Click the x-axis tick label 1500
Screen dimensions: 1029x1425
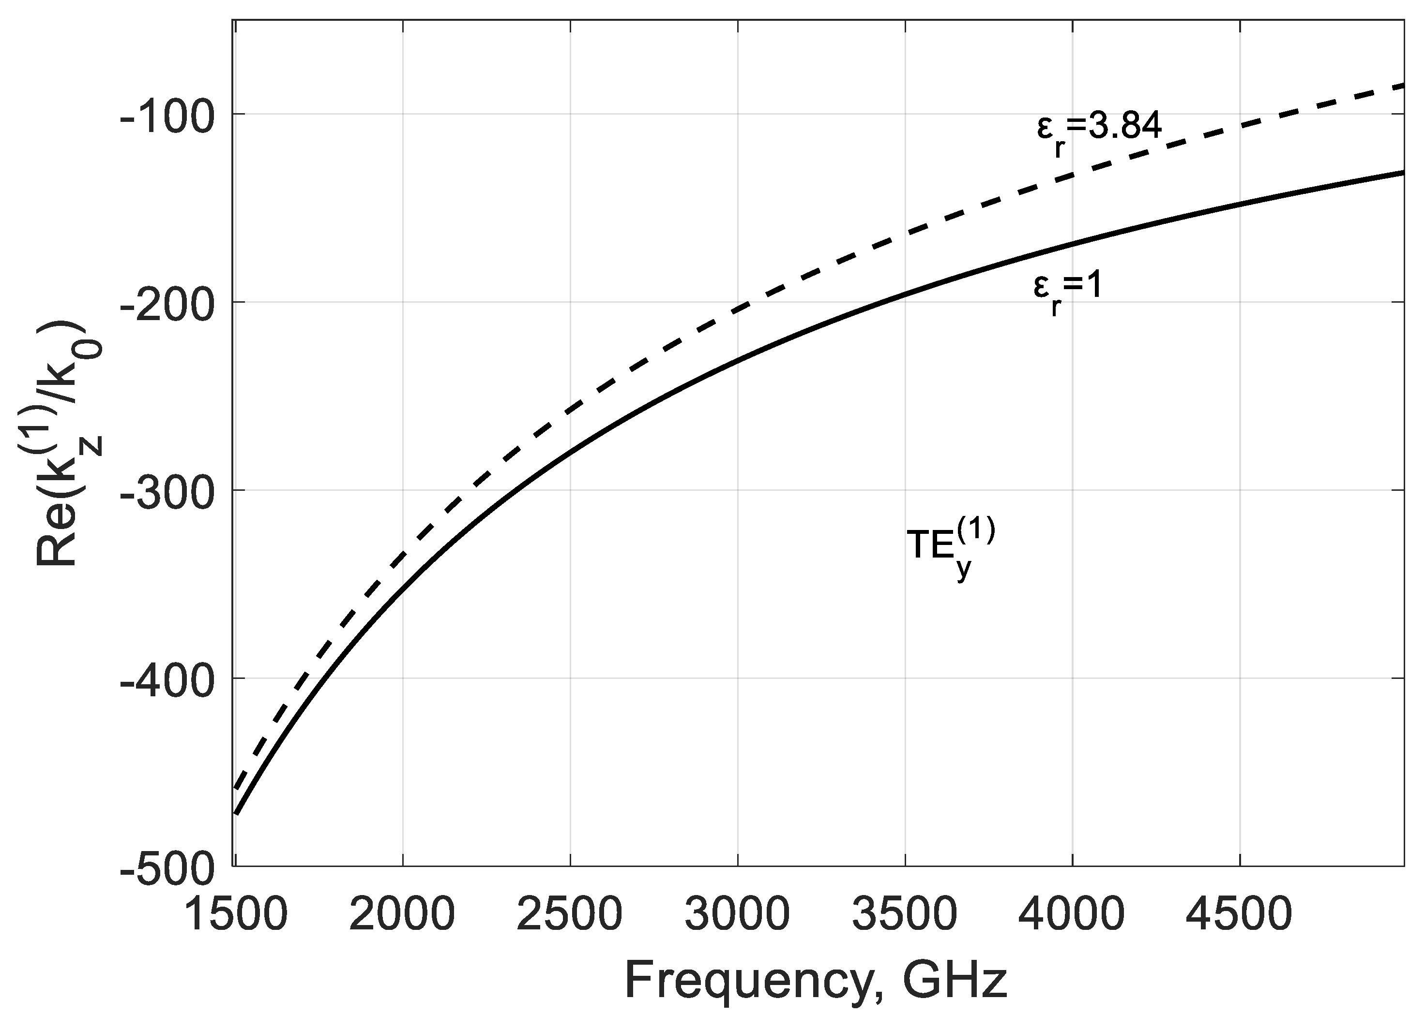click(236, 916)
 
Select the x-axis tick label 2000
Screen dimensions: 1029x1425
click(402, 916)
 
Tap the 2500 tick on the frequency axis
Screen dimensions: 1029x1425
click(569, 916)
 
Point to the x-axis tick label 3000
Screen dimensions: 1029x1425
click(737, 916)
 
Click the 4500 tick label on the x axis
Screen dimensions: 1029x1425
click(1239, 916)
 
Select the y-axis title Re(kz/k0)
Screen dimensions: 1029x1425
click(68, 444)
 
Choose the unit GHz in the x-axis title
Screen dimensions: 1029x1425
click(955, 983)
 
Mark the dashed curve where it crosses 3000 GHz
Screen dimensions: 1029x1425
click(737, 309)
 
